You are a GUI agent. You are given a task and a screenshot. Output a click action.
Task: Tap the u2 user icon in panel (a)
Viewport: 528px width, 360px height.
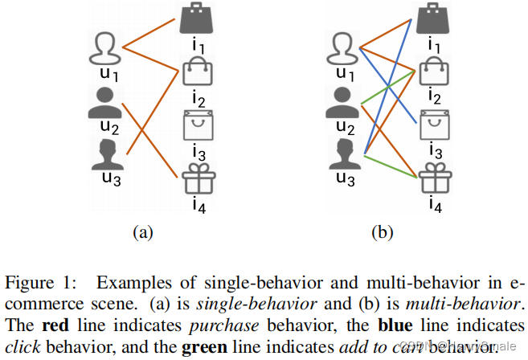click(x=106, y=102)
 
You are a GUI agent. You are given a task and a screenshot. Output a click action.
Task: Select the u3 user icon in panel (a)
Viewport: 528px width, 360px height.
click(x=106, y=153)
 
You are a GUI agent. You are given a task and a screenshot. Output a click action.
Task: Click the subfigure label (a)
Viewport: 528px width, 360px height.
click(x=142, y=233)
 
